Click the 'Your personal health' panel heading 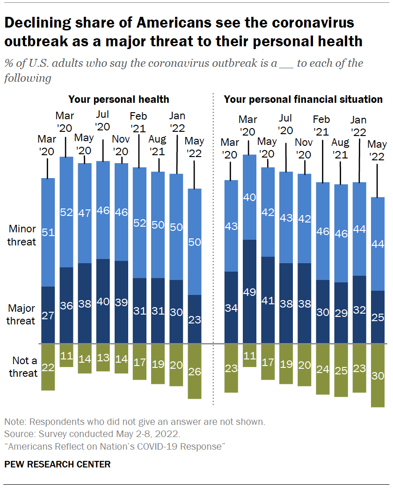click(118, 99)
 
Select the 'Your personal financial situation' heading click(303, 99)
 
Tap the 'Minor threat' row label click(22, 235)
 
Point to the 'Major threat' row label click(22, 315)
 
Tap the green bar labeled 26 click(195, 372)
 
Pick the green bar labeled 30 click(378, 375)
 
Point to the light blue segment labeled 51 click(48, 232)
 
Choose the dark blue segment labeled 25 click(378, 317)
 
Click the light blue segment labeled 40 click(250, 197)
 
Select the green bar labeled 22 click(48, 367)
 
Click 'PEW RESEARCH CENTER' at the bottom click(58, 464)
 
